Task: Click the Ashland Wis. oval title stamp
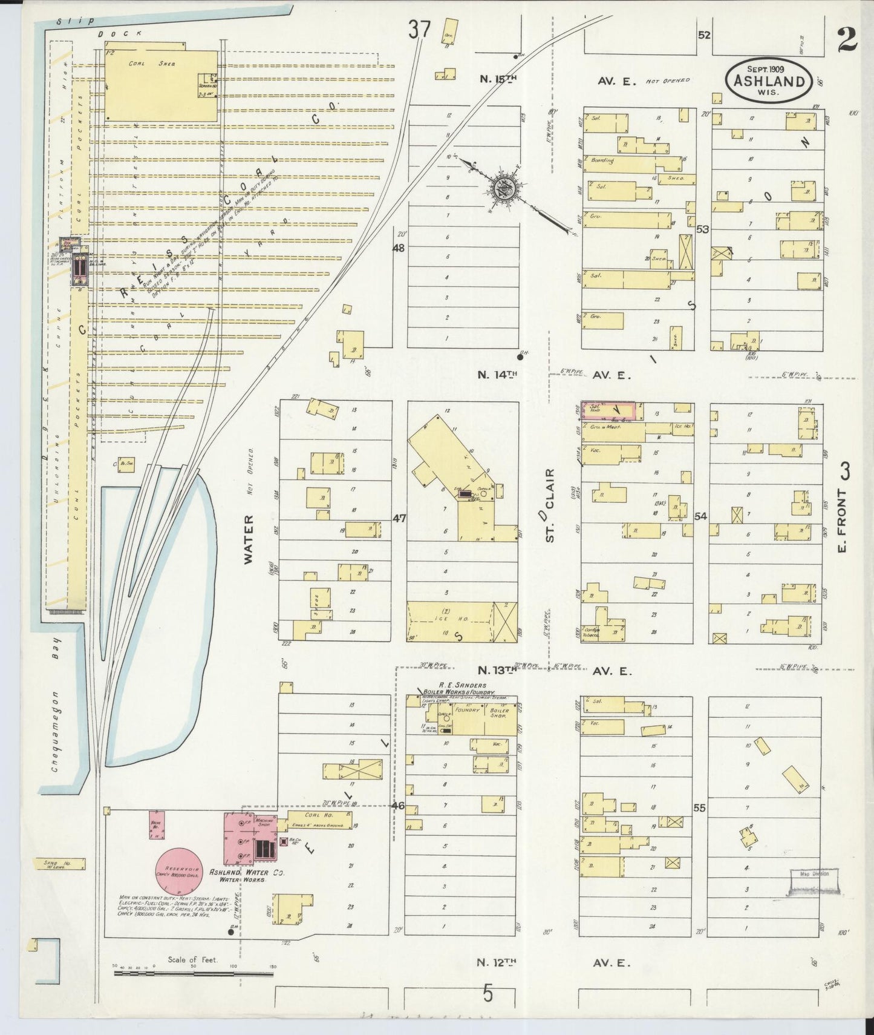click(769, 80)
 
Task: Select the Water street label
click(248, 540)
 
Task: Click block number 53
click(702, 229)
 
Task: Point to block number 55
click(700, 807)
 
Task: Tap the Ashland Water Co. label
click(247, 873)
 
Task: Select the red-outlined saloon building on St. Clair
click(608, 411)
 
